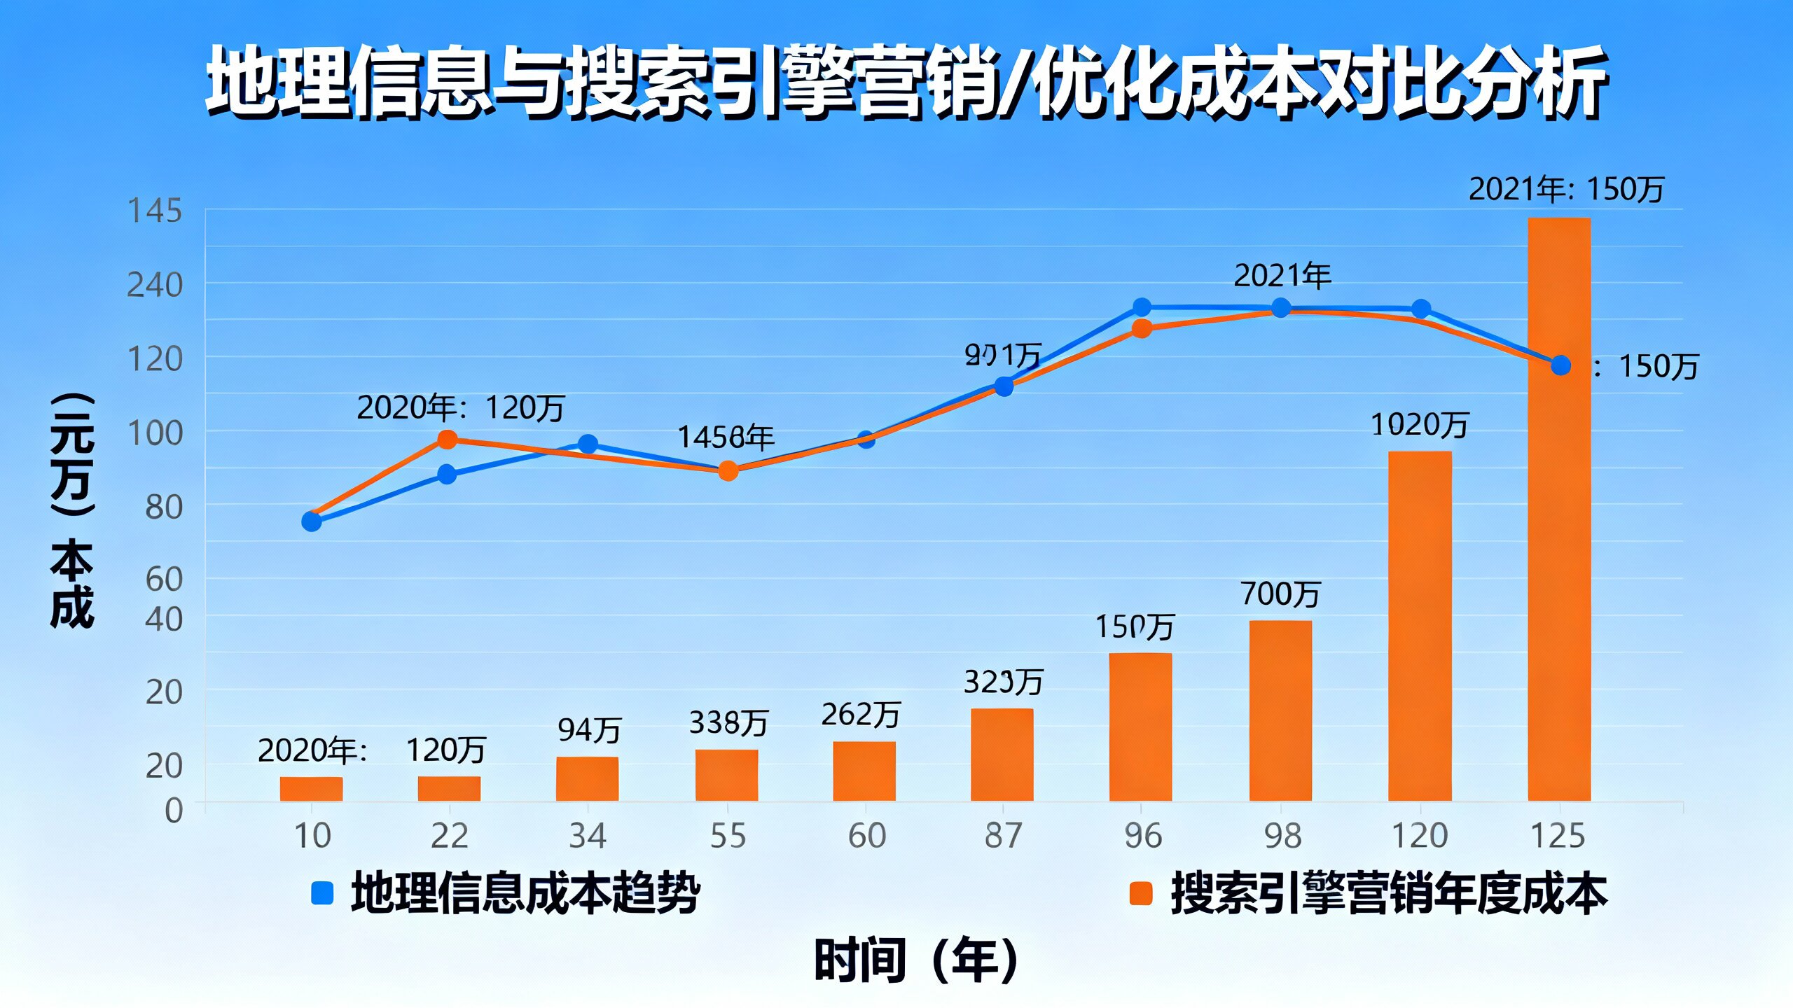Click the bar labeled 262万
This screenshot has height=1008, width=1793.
click(864, 770)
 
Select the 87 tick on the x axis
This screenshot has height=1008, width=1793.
click(1004, 836)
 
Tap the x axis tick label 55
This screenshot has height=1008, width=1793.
click(728, 836)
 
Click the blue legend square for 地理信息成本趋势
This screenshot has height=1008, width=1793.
click(321, 893)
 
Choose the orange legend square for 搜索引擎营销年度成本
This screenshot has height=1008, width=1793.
click(1141, 893)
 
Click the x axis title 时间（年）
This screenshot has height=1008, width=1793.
click(916, 960)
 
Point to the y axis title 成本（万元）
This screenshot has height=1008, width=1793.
click(71, 511)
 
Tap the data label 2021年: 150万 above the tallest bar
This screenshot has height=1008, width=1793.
click(1565, 190)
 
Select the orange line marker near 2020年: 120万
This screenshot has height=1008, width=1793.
click(447, 440)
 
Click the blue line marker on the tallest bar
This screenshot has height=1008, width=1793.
click(1560, 365)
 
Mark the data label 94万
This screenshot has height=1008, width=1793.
click(589, 730)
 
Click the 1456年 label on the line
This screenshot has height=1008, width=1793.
click(726, 437)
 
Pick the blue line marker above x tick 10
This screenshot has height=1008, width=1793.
click(312, 521)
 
